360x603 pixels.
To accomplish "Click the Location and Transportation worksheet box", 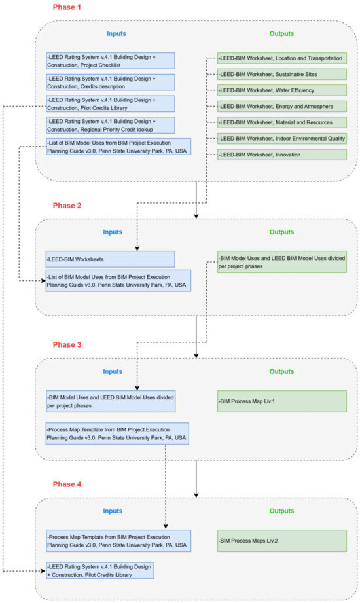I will pyautogui.click(x=281, y=58).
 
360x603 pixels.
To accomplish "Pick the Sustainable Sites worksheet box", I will pyautogui.click(x=281, y=74).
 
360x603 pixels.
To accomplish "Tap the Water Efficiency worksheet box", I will pyautogui.click(x=281, y=90).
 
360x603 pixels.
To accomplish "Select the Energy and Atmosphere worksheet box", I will pyautogui.click(x=281, y=106).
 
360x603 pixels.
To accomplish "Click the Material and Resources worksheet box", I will pyautogui.click(x=281, y=122).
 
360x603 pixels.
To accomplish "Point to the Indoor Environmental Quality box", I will pyautogui.click(x=281, y=138).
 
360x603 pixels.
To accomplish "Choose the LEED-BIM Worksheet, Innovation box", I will pyautogui.click(x=281, y=154).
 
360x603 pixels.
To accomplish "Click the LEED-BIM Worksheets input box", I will pyautogui.click(x=110, y=259).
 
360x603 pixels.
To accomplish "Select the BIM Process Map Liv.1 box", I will pyautogui.click(x=281, y=401).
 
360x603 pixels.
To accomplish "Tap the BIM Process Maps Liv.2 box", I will pyautogui.click(x=281, y=541).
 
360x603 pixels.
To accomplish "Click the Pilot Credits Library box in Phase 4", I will pyautogui.click(x=99, y=570).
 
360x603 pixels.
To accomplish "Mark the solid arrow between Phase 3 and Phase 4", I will pyautogui.click(x=196, y=478).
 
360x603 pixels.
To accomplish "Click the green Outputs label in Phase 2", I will pyautogui.click(x=282, y=232).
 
